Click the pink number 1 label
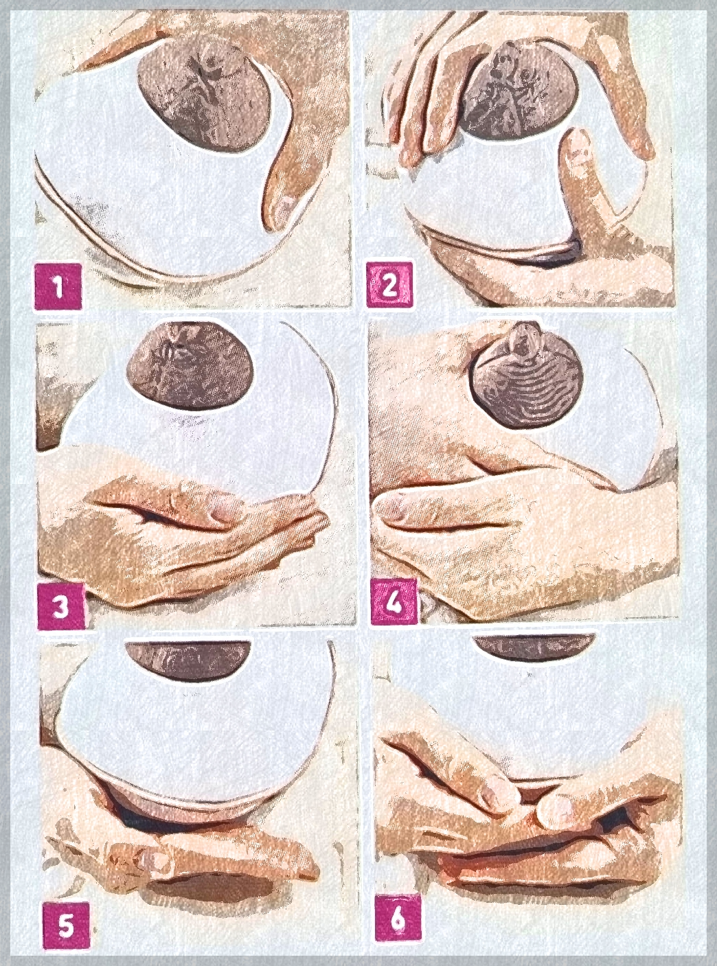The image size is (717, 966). [x=58, y=286]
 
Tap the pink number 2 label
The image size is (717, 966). [x=389, y=285]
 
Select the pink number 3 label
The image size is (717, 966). [x=60, y=607]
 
